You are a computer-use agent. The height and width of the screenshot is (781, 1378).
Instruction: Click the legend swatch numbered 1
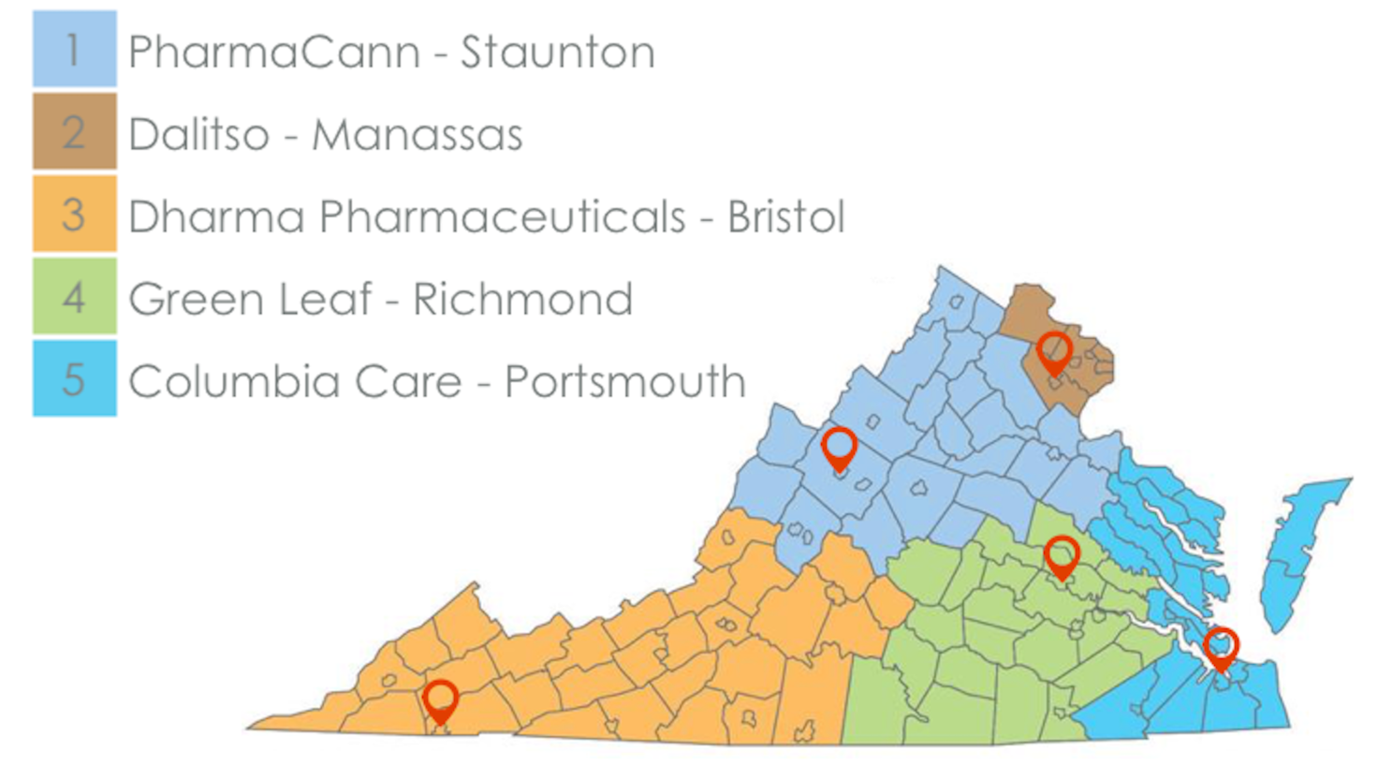click(x=74, y=49)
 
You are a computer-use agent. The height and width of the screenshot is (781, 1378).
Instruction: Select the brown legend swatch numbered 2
click(x=74, y=131)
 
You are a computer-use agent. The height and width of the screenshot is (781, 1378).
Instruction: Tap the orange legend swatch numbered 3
click(x=74, y=214)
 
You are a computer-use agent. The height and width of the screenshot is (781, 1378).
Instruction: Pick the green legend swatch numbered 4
click(x=74, y=297)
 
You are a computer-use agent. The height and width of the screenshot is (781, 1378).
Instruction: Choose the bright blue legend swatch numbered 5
click(x=74, y=378)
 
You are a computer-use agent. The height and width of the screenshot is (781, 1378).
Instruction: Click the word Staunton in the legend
click(x=557, y=52)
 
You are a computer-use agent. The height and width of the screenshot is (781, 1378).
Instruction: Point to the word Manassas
click(x=417, y=135)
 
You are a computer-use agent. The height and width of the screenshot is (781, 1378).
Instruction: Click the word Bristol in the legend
click(x=785, y=217)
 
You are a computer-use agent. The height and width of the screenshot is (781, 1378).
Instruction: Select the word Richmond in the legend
click(x=522, y=300)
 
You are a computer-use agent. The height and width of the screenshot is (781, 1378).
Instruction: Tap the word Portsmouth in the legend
click(x=624, y=382)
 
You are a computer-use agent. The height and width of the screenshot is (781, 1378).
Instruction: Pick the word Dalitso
click(x=198, y=135)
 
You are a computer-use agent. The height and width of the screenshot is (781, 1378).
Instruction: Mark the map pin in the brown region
click(x=1054, y=352)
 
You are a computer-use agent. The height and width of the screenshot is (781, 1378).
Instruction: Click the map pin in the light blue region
click(x=839, y=447)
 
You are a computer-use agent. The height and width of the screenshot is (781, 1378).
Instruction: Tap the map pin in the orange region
click(x=440, y=700)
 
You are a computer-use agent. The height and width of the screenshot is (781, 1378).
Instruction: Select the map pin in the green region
click(x=1061, y=555)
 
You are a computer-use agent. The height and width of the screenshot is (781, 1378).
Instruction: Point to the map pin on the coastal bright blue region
click(x=1221, y=646)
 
